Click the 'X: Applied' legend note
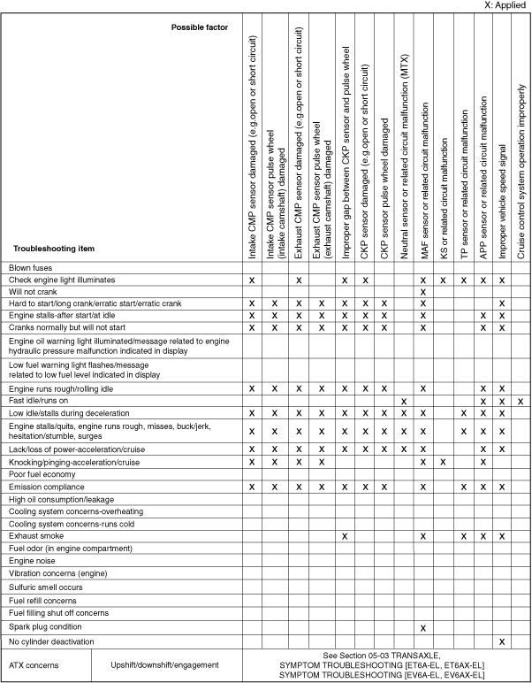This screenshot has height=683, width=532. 505,5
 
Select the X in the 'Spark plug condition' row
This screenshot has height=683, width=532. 424,627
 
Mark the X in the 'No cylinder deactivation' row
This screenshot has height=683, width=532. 502,641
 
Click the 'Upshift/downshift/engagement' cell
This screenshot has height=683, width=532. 165,663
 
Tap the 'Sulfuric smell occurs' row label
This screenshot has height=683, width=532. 45,587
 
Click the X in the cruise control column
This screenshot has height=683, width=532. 521,402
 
